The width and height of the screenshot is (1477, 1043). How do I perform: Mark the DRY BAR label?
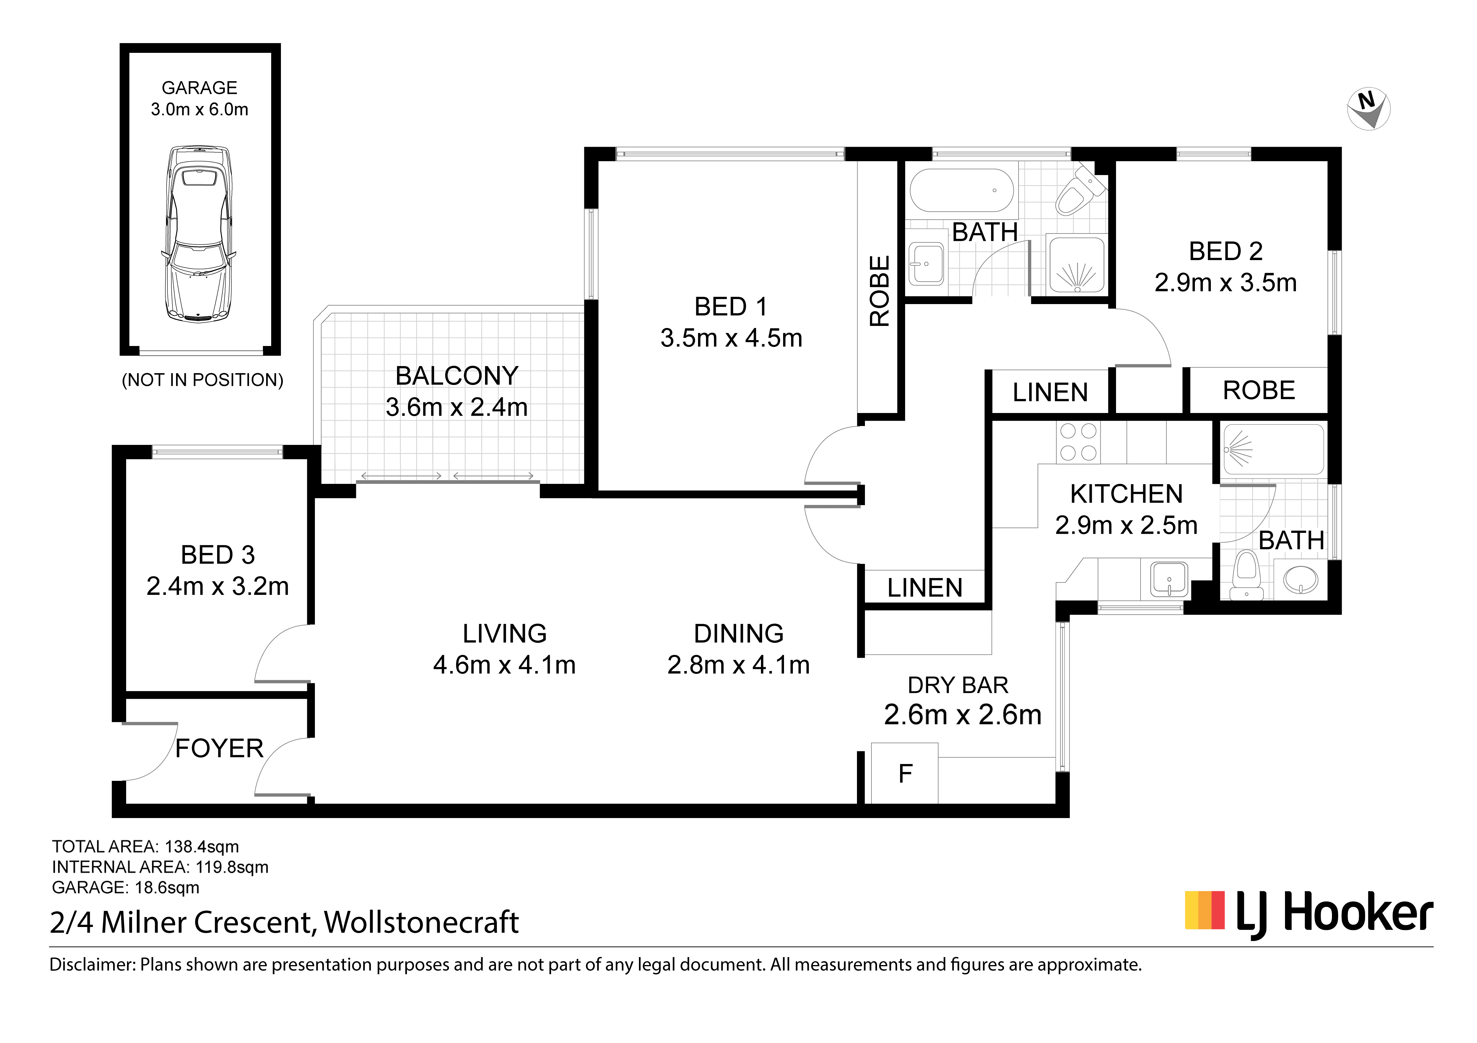958,685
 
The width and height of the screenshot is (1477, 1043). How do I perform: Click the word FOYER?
219,748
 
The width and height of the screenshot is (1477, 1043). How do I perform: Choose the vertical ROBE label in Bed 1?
879,291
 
